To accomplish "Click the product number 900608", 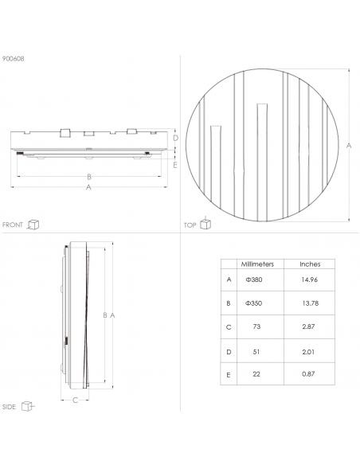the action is [14, 59].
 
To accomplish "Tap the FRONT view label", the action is [13, 225].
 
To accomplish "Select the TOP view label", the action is [190, 225].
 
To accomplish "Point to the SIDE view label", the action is [9, 407].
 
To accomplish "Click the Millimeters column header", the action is [257, 264].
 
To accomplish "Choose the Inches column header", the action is [310, 264].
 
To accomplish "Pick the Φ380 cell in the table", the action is [254, 279].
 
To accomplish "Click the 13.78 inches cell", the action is [311, 303].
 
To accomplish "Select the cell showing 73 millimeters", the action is [256, 326].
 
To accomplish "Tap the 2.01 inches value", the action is [308, 352].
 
